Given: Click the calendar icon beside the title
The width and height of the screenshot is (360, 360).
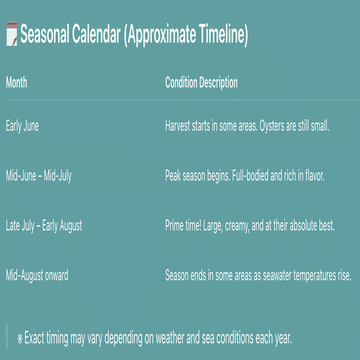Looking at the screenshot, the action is pos(12,33).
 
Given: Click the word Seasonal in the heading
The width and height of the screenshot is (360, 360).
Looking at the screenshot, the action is pos(45,34).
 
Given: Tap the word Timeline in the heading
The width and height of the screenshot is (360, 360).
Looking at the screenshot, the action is pos(222,34).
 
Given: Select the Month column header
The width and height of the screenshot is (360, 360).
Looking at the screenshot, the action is pos(17,83).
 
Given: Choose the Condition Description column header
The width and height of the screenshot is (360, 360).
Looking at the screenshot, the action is pos(202,83).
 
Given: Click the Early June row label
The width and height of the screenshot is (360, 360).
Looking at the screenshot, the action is pos(22,126).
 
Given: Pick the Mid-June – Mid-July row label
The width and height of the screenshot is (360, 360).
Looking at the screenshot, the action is pos(39,176).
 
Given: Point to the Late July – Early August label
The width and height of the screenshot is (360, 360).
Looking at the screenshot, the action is pos(44,225).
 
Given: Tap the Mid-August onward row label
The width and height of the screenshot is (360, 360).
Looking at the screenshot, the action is pos(37,275).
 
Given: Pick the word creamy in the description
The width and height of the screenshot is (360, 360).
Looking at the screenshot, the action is pos(237,226).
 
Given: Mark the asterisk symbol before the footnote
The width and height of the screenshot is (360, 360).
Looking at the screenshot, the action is pos(20,339).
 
